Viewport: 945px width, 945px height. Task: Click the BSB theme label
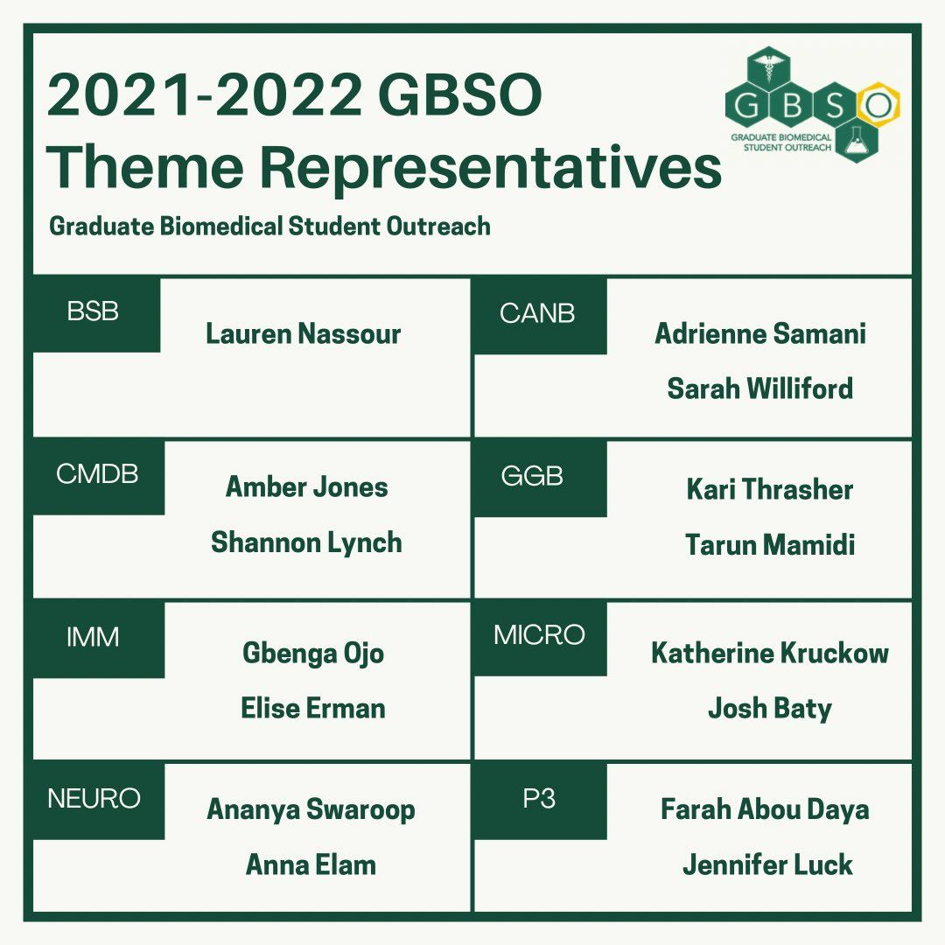(93, 311)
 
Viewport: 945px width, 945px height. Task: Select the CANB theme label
(537, 312)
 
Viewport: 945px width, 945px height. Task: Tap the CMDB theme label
(97, 473)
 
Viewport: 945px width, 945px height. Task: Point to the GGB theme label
(532, 476)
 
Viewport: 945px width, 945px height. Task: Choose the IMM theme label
(93, 637)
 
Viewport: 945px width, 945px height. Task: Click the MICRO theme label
(539, 634)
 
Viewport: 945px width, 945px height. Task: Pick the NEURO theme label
(94, 799)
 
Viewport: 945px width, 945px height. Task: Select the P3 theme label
(538, 799)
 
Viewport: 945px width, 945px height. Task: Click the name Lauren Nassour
(303, 333)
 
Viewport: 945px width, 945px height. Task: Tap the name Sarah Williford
(760, 388)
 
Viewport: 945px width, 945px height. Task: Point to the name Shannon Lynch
(306, 542)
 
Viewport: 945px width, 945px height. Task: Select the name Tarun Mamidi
(770, 544)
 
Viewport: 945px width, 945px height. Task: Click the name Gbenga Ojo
(312, 654)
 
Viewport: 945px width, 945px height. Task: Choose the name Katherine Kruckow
(770, 653)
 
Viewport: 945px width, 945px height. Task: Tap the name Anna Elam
(311, 864)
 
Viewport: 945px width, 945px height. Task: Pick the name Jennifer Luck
(767, 864)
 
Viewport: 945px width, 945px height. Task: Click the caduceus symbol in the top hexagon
(768, 69)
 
